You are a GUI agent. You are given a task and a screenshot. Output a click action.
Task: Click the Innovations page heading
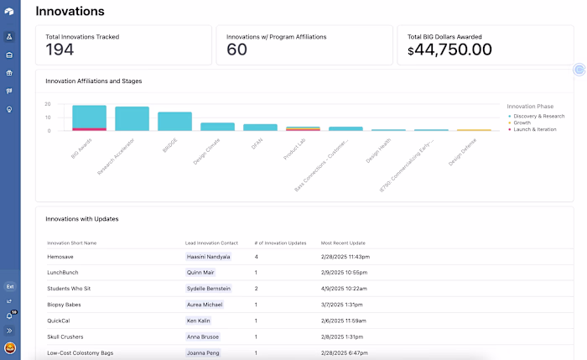pos(70,11)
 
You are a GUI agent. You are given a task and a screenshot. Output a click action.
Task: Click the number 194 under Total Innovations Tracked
pos(60,50)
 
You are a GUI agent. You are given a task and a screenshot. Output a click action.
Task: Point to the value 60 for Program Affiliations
pos(237,50)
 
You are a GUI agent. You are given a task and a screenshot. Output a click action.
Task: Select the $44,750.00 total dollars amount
pos(449,50)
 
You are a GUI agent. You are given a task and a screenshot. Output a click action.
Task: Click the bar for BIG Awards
pos(89,117)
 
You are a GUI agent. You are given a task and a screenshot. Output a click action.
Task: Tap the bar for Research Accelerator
pos(132,118)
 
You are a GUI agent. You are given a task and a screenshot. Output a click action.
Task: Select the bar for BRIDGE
pos(174,121)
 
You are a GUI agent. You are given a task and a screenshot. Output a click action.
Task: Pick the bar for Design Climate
pos(217,127)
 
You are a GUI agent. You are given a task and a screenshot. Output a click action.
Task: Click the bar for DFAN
pos(260,127)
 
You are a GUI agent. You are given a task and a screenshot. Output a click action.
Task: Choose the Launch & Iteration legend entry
pos(538,129)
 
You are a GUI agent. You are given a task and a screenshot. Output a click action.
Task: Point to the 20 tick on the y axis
pos(48,104)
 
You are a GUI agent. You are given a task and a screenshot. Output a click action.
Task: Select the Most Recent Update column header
pos(343,243)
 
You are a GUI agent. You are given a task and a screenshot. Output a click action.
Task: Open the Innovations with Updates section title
pos(82,219)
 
